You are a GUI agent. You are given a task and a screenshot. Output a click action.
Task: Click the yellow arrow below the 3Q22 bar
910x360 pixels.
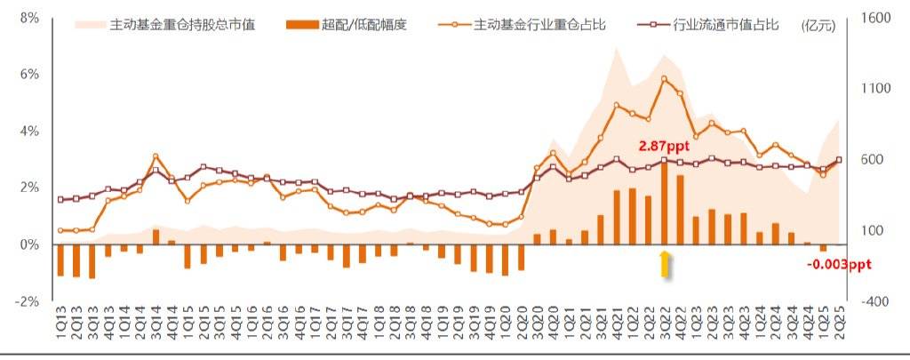(x=664, y=264)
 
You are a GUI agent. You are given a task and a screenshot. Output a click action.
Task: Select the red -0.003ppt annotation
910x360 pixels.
(x=839, y=264)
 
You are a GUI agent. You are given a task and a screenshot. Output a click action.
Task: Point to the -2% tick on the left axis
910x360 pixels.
(x=28, y=301)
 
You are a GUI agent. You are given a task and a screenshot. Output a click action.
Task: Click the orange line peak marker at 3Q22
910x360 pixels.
(x=664, y=78)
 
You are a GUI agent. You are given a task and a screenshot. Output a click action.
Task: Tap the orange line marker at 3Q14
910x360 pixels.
(x=156, y=156)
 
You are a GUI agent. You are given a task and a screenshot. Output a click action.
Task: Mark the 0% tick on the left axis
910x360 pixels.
(x=29, y=244)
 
